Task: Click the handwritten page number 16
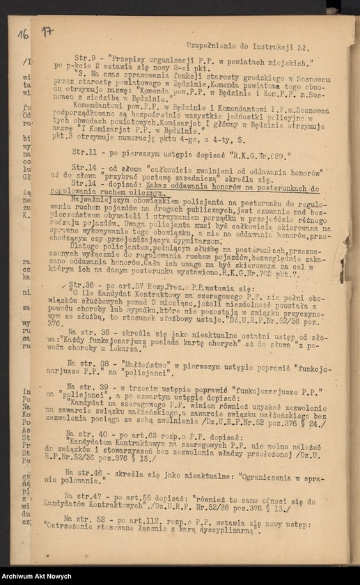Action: pyautogui.click(x=23, y=33)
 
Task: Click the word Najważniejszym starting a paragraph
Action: pyautogui.click(x=99, y=199)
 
